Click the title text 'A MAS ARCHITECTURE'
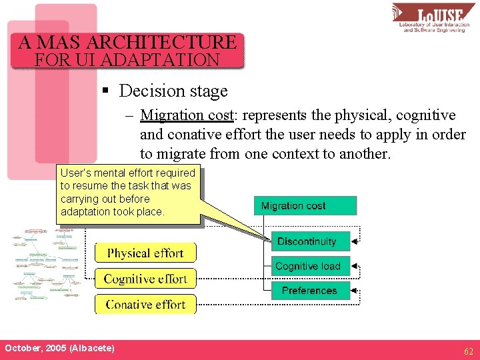[x=127, y=43]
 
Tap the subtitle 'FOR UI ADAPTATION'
[x=127, y=60]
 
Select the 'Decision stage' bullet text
[x=182, y=91]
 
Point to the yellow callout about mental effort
[x=128, y=193]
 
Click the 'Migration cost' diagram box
[x=305, y=205]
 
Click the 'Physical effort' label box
[x=145, y=253]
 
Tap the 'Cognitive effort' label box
[x=145, y=279]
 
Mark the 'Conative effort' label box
[x=145, y=304]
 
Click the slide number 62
[x=469, y=350]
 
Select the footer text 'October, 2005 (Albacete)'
[x=59, y=349]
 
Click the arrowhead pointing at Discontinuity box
[x=355, y=241]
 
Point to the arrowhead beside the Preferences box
[x=355, y=291]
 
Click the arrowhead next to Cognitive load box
[x=355, y=266]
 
